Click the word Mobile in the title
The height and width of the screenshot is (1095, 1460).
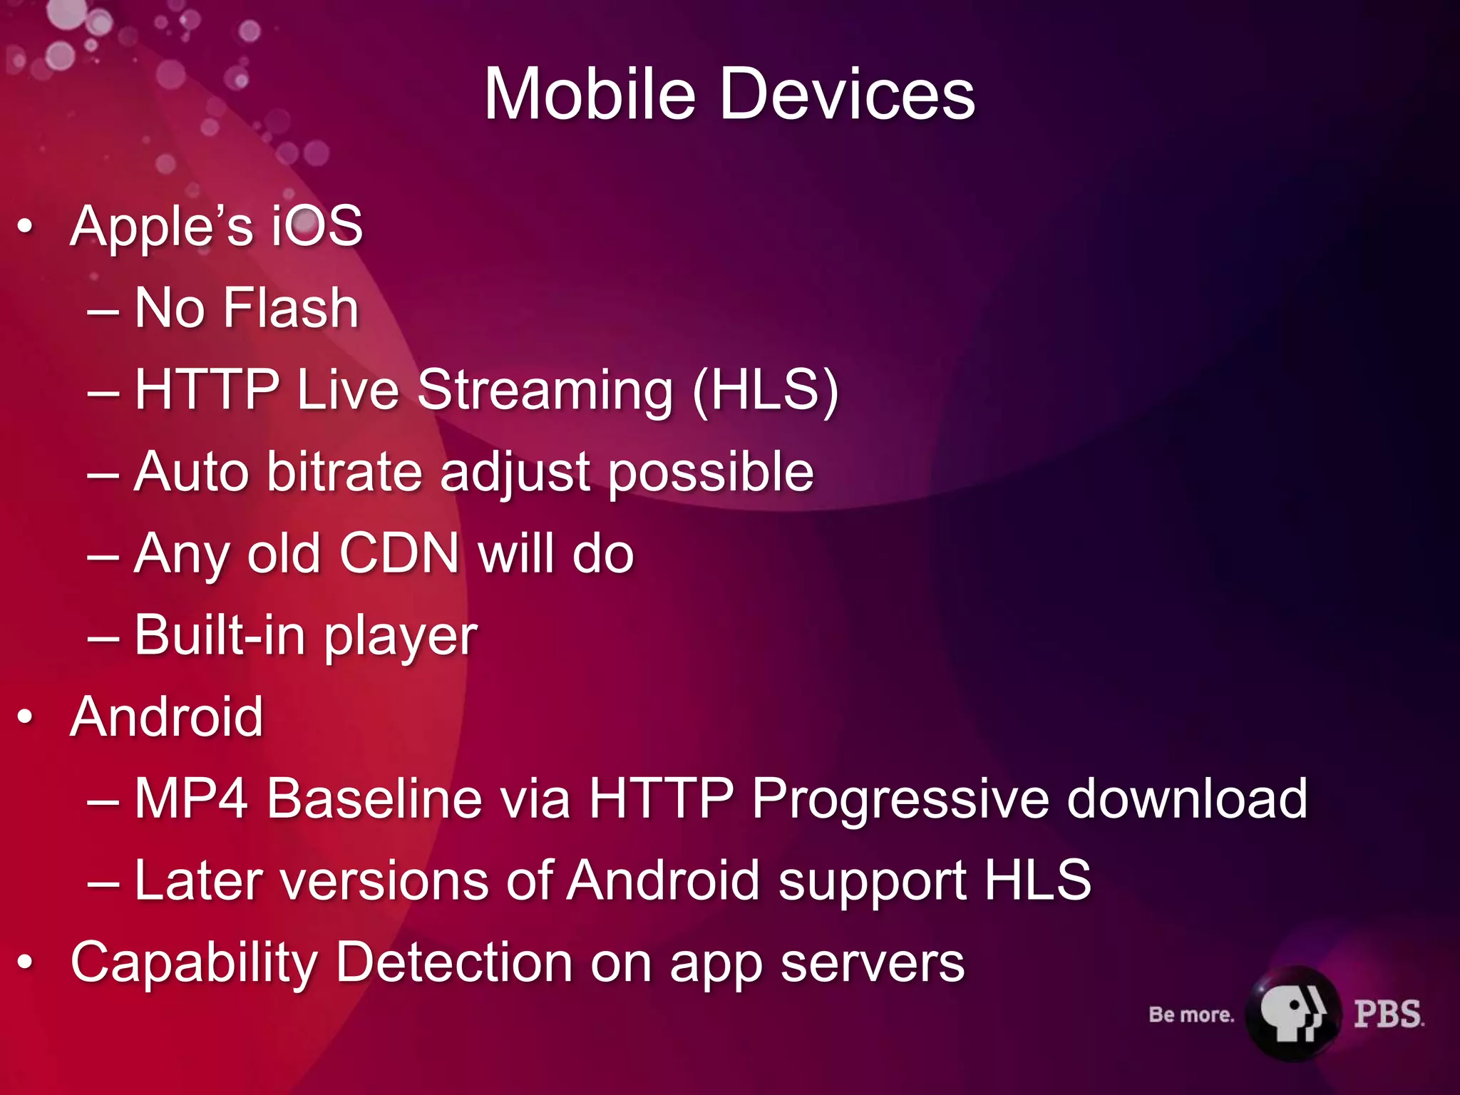pyautogui.click(x=590, y=94)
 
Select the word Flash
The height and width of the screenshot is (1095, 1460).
pyautogui.click(x=290, y=308)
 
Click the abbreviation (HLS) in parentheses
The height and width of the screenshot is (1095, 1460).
pyautogui.click(x=766, y=390)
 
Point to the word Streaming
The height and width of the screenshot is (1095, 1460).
pyautogui.click(x=545, y=391)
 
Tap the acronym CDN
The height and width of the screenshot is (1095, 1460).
pyautogui.click(x=399, y=554)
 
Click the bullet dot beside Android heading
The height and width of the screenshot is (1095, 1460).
pyautogui.click(x=26, y=717)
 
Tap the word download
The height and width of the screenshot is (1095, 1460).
pyautogui.click(x=1187, y=798)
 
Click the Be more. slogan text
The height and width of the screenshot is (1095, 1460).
pyautogui.click(x=1191, y=1014)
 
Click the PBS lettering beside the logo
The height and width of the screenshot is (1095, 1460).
pyautogui.click(x=1387, y=1014)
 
